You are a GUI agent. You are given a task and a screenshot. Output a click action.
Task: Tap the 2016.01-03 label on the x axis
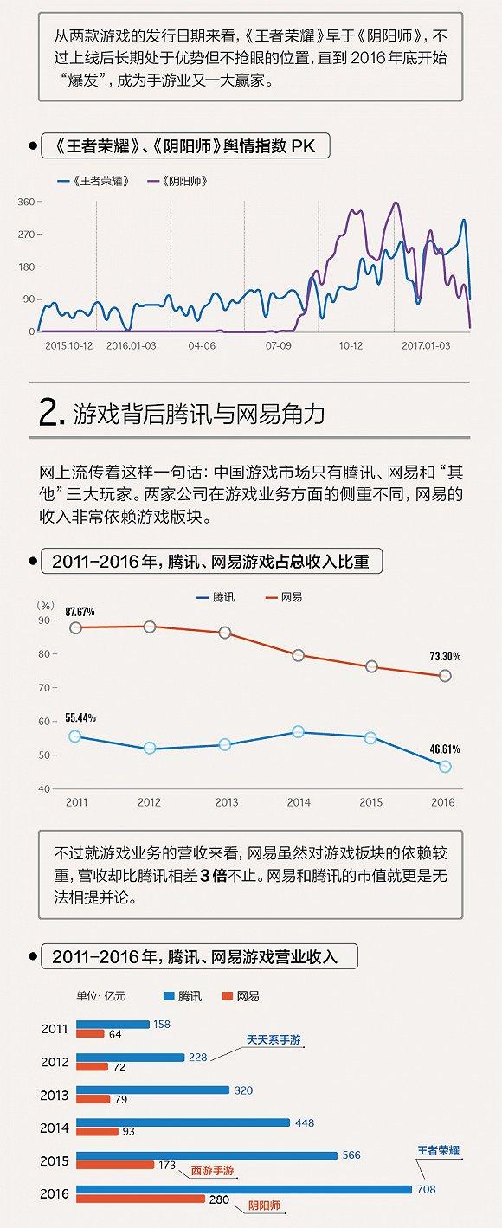132,344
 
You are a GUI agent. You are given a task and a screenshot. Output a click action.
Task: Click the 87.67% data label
80,612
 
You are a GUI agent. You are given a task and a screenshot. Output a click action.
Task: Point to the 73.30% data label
445,656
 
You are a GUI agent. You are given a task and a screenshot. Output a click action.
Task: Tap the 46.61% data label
445,749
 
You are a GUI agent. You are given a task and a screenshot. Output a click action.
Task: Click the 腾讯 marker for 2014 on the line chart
299,732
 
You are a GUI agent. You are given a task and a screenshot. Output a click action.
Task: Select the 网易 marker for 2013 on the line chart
225,633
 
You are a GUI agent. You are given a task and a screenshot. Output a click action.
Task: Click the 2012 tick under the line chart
149,802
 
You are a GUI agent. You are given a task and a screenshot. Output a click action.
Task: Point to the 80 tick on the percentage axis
45,654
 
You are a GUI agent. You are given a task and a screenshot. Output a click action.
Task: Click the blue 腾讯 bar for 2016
243,1189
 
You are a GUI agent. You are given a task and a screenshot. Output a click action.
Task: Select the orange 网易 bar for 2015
114,1165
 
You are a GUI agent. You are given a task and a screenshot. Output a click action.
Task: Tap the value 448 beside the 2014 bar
304,1123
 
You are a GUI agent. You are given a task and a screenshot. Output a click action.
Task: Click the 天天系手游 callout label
274,1040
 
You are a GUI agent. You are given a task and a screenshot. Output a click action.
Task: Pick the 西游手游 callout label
212,1170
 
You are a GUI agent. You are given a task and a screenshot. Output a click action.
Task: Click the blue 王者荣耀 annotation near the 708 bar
438,1151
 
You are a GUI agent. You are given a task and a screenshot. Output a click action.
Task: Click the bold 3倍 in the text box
213,875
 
